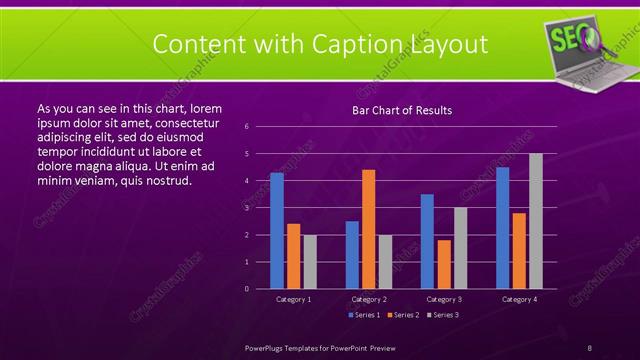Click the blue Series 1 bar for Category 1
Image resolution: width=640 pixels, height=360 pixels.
tap(277, 231)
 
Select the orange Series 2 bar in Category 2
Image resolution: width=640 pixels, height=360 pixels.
tap(368, 229)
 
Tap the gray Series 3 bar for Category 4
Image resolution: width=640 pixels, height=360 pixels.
tap(535, 221)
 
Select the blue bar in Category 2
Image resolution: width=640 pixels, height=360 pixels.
tap(352, 255)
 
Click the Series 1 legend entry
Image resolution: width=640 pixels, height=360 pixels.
tap(363, 315)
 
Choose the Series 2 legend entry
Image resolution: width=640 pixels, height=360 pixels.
tap(403, 315)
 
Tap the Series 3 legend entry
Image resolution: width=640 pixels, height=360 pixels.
tap(443, 315)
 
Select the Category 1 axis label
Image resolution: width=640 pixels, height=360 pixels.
tap(293, 299)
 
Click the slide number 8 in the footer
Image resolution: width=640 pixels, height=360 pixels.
tap(589, 347)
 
